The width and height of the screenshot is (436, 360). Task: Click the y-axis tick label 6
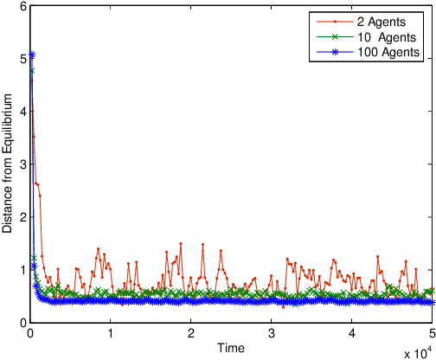(23, 6)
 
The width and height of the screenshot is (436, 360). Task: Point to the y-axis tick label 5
(23, 59)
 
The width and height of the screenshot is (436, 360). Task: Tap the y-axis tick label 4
(23, 112)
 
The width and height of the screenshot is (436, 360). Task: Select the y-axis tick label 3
(23, 164)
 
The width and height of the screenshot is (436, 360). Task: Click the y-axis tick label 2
(23, 217)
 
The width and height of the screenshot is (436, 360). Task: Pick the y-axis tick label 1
(23, 270)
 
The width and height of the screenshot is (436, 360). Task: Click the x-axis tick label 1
(111, 332)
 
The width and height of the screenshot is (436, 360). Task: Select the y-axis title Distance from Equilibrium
(8, 164)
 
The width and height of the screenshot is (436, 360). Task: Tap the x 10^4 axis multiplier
(417, 351)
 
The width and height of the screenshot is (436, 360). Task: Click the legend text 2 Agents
(381, 23)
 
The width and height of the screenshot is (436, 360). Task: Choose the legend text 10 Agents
(384, 38)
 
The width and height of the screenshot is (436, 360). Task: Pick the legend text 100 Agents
(387, 53)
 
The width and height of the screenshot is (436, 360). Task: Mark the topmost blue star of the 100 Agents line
(32, 55)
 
